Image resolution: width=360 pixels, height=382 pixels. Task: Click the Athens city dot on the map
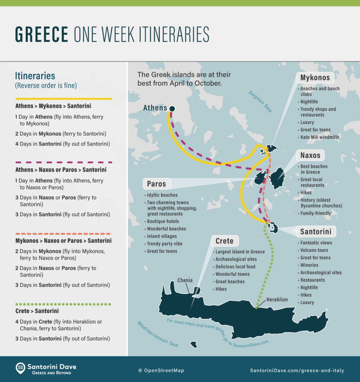coord(172,109)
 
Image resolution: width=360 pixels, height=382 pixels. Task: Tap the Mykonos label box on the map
coord(315,78)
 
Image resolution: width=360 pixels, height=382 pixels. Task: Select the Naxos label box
coord(310,155)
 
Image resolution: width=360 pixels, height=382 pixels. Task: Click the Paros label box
coord(156,184)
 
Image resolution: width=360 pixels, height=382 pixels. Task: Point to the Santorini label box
coord(316,232)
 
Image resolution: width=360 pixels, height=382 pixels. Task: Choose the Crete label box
coord(225,241)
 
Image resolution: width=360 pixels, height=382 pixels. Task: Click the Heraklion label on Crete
coord(277,300)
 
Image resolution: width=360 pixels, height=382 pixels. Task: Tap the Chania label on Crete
coord(185,280)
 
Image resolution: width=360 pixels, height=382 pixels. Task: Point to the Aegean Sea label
coord(260,102)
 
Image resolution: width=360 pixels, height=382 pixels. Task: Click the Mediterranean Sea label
coord(157,334)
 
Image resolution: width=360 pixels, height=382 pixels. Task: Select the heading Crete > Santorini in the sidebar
coord(37,311)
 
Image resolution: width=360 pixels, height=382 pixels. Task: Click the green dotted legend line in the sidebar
coord(63,304)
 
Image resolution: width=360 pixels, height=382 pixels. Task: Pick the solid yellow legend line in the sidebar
coord(63,99)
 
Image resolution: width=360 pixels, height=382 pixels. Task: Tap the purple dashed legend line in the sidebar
coord(63,163)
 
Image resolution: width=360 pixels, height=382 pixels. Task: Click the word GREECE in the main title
coord(41,34)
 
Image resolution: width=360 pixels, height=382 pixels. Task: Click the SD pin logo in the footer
coord(21,368)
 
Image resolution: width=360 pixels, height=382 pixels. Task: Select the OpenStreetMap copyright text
coord(161,370)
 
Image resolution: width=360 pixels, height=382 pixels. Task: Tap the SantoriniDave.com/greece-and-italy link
coord(297,370)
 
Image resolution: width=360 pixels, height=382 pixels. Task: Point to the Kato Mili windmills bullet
coord(320,137)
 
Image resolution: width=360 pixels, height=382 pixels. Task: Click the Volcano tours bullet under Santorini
coord(314,250)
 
